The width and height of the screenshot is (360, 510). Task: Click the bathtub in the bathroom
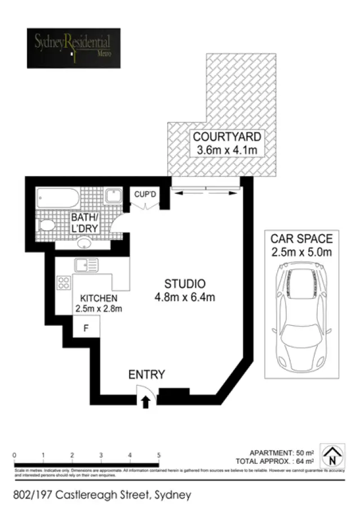pyautogui.click(x=58, y=198)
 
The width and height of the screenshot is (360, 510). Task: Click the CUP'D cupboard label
pyautogui.click(x=145, y=194)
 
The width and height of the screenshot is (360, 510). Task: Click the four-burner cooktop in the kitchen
pyautogui.click(x=63, y=283)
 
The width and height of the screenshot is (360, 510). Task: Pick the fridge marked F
pyautogui.click(x=86, y=328)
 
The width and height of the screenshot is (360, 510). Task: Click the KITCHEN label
pyautogui.click(x=98, y=298)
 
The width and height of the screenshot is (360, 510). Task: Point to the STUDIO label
pyautogui.click(x=185, y=284)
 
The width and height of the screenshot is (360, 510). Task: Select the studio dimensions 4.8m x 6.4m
pyautogui.click(x=185, y=297)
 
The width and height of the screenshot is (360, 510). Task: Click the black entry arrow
pyautogui.click(x=145, y=401)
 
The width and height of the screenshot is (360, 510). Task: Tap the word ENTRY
pyautogui.click(x=146, y=375)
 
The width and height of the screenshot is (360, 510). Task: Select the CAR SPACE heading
pyautogui.click(x=302, y=239)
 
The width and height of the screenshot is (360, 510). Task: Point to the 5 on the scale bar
pyautogui.click(x=159, y=455)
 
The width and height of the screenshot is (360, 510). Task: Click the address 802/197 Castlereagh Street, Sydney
pyautogui.click(x=102, y=495)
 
